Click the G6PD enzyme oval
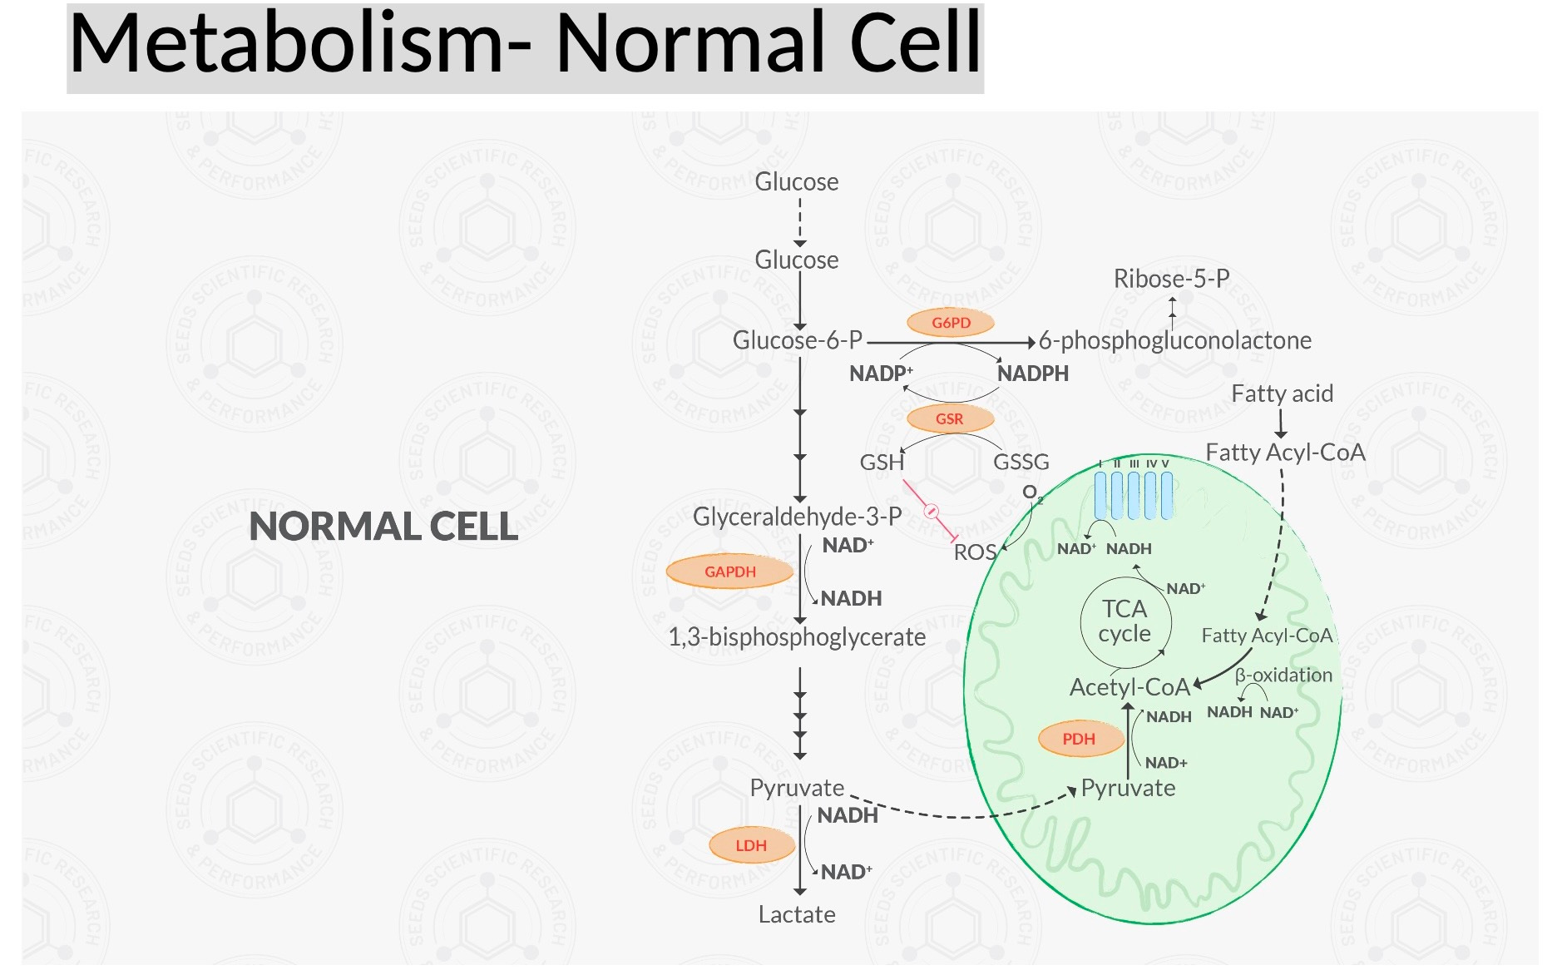(951, 323)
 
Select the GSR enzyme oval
(949, 418)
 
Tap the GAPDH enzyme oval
(729, 572)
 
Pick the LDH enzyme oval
(750, 845)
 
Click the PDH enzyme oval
(1079, 739)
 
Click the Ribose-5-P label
(1171, 279)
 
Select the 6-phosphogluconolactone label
(1174, 340)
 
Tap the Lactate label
(797, 914)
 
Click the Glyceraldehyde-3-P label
(797, 517)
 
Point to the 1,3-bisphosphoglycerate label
(797, 637)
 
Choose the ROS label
(974, 552)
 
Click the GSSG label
(1021, 462)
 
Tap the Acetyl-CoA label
(1129, 687)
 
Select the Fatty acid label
(1282, 393)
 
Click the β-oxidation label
(1283, 675)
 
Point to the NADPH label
(1032, 374)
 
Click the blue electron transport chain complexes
(1133, 495)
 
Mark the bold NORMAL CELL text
(383, 527)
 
